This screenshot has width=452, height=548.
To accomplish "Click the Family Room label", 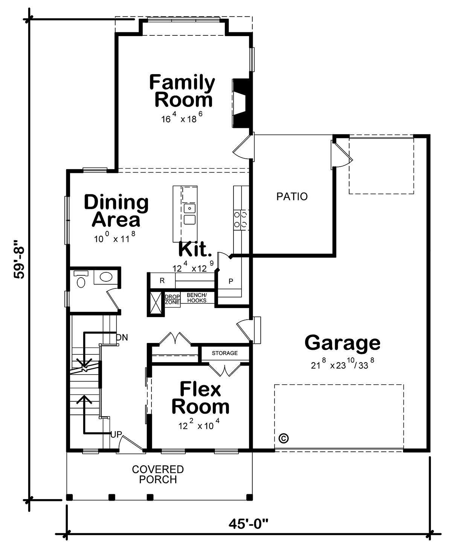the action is [182, 91].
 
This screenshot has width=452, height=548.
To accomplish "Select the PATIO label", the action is [292, 197].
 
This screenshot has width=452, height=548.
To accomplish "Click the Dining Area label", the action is [116, 211].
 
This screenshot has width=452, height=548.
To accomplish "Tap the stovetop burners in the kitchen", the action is [240, 220].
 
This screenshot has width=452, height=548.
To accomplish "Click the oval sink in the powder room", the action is [106, 277].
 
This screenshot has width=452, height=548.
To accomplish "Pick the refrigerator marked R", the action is [162, 281].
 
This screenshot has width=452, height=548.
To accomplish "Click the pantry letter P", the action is [231, 281].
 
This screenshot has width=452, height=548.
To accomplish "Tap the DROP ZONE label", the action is [173, 299].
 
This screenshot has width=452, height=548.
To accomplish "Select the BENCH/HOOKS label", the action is [197, 298].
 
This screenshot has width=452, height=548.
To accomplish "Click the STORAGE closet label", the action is [225, 353].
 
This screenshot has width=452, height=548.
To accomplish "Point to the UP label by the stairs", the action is [116, 442].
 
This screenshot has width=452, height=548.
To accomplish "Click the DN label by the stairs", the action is [122, 337].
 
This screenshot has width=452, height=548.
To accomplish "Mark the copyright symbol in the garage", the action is [284, 438].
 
